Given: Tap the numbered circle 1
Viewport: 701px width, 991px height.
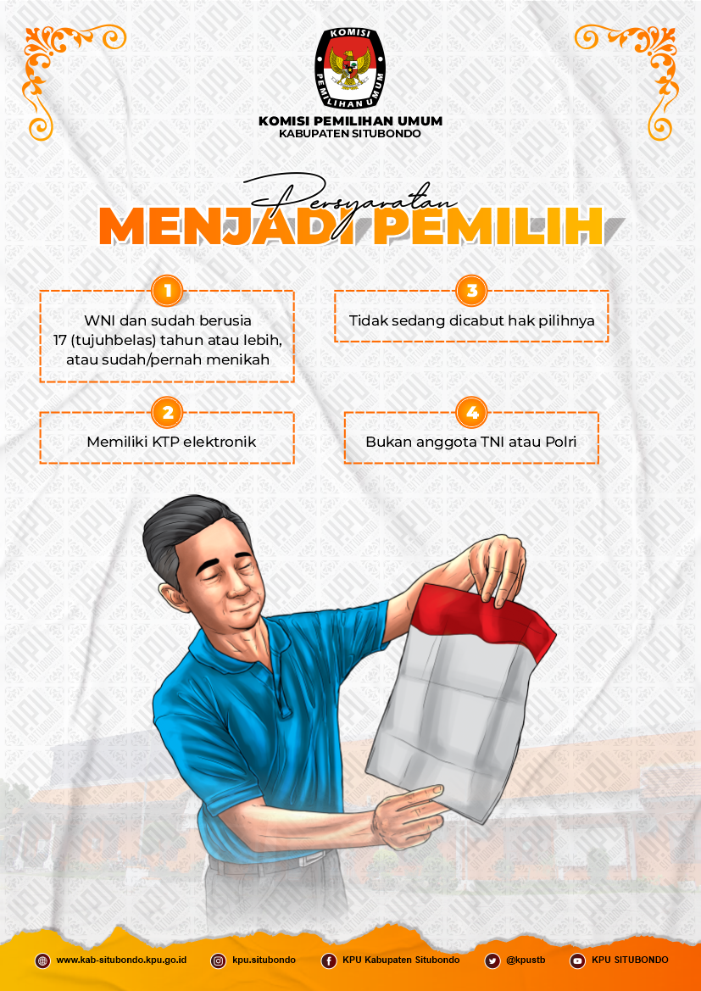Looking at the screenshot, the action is click(x=168, y=291).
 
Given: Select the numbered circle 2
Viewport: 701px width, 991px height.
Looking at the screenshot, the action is click(x=168, y=413).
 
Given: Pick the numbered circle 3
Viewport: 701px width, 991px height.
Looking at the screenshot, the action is click(x=471, y=291).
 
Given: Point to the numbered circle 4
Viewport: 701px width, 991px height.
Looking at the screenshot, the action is click(x=471, y=413).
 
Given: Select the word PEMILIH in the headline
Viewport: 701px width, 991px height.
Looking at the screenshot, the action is click(x=487, y=225).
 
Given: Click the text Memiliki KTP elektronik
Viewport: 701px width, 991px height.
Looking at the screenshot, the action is click(x=171, y=442).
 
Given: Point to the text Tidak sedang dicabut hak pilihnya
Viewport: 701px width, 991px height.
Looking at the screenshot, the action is click(x=471, y=320).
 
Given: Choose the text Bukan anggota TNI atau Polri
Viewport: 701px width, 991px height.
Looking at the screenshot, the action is click(x=471, y=442).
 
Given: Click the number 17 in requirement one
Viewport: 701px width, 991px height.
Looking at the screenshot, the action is click(x=60, y=340).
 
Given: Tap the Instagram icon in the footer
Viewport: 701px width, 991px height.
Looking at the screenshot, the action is click(x=218, y=960).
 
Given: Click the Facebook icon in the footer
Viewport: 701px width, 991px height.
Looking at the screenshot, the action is click(x=329, y=960).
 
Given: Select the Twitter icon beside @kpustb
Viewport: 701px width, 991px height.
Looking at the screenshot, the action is click(x=492, y=960).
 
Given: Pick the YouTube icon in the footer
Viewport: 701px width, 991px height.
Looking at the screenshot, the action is click(x=577, y=960).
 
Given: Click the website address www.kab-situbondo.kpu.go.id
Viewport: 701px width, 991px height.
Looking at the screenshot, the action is click(x=121, y=960).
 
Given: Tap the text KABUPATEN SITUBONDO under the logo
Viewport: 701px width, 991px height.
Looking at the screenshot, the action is click(x=350, y=133).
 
